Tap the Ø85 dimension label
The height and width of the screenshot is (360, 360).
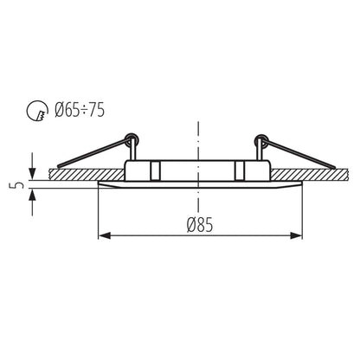tap(200, 223)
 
